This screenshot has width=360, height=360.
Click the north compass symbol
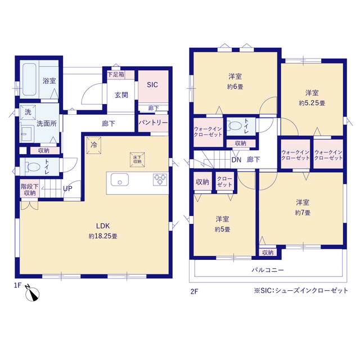click(32, 293)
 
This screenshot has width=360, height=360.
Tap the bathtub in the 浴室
click(29, 79)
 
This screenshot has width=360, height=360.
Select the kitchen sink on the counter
click(120, 179)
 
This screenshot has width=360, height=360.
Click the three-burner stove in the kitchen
click(160, 180)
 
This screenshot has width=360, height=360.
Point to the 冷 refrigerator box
click(94, 145)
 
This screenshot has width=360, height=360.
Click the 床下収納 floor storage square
click(137, 160)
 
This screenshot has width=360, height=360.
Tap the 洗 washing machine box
click(28, 112)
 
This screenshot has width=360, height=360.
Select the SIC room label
click(152, 85)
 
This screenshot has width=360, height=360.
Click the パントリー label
click(153, 123)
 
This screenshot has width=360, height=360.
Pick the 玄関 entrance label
click(121, 95)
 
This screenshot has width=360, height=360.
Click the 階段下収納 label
click(30, 190)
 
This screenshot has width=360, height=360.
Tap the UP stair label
click(67, 189)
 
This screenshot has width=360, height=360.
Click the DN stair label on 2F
click(236, 160)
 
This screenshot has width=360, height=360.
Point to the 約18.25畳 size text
click(103, 236)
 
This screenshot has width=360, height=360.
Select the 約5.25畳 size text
click(312, 103)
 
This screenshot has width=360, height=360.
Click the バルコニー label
click(268, 270)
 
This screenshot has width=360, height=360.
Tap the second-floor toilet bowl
click(235, 126)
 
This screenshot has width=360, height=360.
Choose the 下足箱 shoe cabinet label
click(116, 74)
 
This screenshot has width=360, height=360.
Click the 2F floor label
click(194, 291)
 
